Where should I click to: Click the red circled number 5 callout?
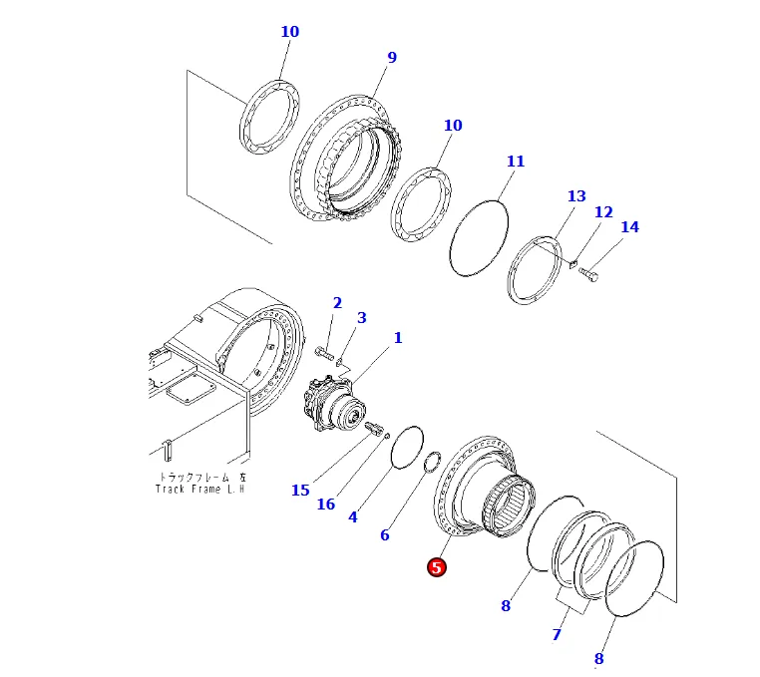pos(436,567)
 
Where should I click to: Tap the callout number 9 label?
pos(392,58)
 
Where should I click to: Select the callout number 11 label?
pos(515,162)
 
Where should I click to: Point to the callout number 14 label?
pos(629,227)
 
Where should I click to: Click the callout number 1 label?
pos(398,339)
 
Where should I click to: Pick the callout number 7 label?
pos(557,635)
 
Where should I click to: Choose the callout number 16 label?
pos(326,505)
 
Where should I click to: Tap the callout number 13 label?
pos(576,196)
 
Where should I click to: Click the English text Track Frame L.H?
pos(199,489)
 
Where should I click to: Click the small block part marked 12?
pos(572,264)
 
